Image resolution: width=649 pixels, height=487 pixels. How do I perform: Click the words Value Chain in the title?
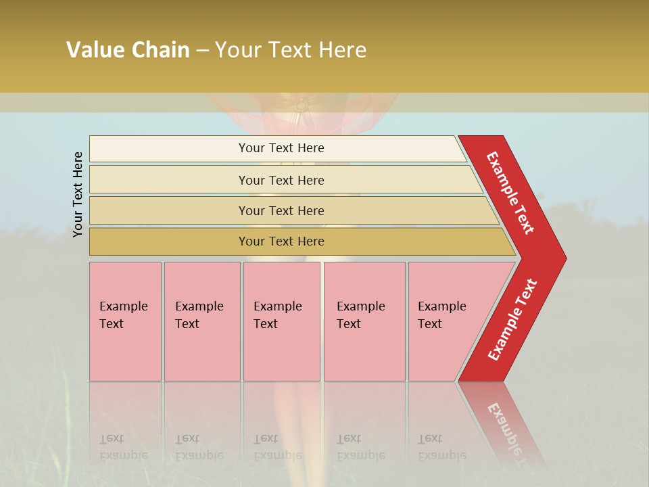pyautogui.click(x=128, y=50)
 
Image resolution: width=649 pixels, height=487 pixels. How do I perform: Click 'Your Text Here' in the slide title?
pyautogui.click(x=291, y=50)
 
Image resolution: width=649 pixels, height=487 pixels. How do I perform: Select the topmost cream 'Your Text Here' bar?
pyautogui.click(x=281, y=148)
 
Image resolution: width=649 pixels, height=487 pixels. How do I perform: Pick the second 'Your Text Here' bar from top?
pyautogui.click(x=281, y=180)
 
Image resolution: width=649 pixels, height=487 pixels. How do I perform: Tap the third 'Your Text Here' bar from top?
pyautogui.click(x=281, y=211)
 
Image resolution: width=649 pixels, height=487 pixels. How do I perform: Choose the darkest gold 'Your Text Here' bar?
pyautogui.click(x=281, y=241)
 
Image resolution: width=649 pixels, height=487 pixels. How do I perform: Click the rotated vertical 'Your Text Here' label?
pyautogui.click(x=78, y=194)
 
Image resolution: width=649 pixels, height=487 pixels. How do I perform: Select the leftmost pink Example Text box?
pyautogui.click(x=125, y=321)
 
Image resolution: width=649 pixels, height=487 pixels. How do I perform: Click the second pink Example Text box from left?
pyautogui.click(x=202, y=321)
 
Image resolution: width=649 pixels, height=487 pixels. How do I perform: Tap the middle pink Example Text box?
pyautogui.click(x=281, y=321)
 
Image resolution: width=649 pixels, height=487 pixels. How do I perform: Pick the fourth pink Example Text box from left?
pyautogui.click(x=364, y=321)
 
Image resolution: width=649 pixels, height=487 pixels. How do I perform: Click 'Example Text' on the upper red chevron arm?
pyautogui.click(x=510, y=193)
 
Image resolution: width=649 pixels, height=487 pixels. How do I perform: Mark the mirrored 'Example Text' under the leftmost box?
pyautogui.click(x=123, y=447)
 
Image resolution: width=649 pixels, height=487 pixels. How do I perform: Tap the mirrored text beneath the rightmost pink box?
pyautogui.click(x=441, y=447)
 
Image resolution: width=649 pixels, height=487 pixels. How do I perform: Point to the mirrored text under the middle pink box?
pyautogui.click(x=277, y=447)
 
